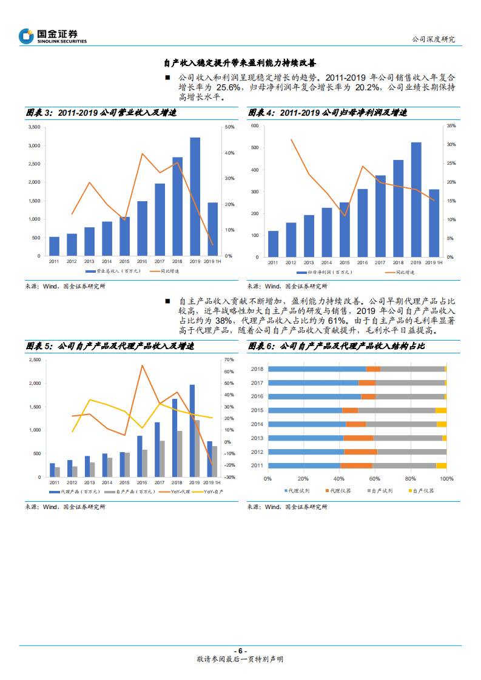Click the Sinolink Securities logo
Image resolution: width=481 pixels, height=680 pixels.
click(53, 36)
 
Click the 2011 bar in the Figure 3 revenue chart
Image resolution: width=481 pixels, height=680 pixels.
click(55, 245)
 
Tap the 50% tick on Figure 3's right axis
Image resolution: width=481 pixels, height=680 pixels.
click(229, 127)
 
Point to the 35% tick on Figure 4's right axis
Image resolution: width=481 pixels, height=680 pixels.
click(450, 126)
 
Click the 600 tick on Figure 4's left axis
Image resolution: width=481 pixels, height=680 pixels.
click(255, 126)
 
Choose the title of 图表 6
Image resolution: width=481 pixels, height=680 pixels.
click(337, 346)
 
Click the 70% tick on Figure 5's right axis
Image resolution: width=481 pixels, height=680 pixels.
click(229, 360)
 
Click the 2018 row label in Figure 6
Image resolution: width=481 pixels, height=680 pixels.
click(257, 369)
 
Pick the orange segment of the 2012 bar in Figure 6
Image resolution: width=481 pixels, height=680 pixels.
click(360, 452)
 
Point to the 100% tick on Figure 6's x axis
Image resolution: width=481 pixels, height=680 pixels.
click(446, 478)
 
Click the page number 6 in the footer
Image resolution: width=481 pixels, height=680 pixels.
click(240, 650)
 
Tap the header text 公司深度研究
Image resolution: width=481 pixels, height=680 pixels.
click(433, 39)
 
